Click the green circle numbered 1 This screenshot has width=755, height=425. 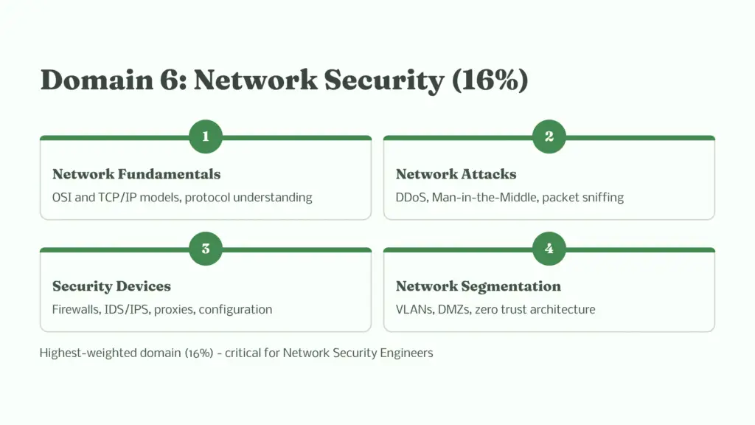pos(205,137)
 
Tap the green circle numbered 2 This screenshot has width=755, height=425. pos(549,137)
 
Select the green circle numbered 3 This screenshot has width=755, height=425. pos(205,249)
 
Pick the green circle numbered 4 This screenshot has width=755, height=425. pos(549,249)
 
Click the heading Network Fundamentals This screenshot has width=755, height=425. pos(136,174)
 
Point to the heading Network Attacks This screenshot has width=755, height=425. pos(456,174)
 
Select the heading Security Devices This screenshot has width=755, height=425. pos(111,286)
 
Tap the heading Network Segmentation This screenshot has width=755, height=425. pos(478,286)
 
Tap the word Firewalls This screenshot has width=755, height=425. pos(77,309)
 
